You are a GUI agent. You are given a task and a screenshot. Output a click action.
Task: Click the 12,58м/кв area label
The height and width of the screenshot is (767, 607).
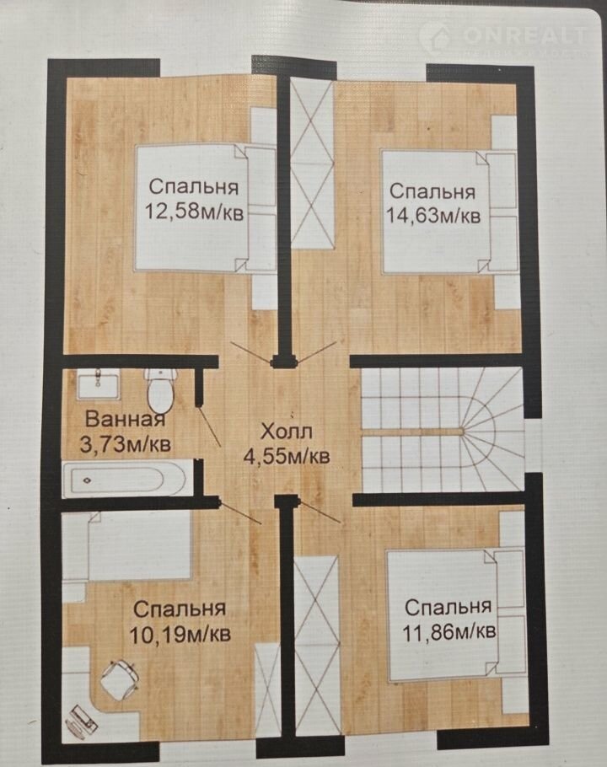pos(194,212)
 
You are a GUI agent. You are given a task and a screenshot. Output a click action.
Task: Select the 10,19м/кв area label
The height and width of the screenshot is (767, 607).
pos(180,635)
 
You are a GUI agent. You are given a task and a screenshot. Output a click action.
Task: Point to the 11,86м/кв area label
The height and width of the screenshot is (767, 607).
pos(449,631)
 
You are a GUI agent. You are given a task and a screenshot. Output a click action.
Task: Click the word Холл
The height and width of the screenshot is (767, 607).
pos(286,432)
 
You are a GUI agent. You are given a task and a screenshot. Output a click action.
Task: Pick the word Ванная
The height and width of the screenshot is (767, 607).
pos(126,419)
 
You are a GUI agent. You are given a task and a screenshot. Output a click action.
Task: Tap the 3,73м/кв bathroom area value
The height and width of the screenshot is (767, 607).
pos(126,445)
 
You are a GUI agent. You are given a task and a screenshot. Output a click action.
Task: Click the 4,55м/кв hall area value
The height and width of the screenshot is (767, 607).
pos(286,456)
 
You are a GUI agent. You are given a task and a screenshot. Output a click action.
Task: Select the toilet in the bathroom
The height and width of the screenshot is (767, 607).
pos(160,390)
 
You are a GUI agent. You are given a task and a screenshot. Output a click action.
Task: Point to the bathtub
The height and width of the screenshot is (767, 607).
pos(125,480)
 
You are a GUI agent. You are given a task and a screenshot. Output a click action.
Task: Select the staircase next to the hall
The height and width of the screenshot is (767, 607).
pos(442,430)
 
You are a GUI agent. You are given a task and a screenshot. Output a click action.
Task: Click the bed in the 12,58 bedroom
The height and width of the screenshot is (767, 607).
pos(206,207)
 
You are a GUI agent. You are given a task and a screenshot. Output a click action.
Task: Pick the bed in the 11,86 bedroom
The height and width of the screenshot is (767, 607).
pos(456,616)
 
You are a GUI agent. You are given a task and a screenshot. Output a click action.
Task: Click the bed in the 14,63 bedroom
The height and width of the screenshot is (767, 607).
pos(449,212)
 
